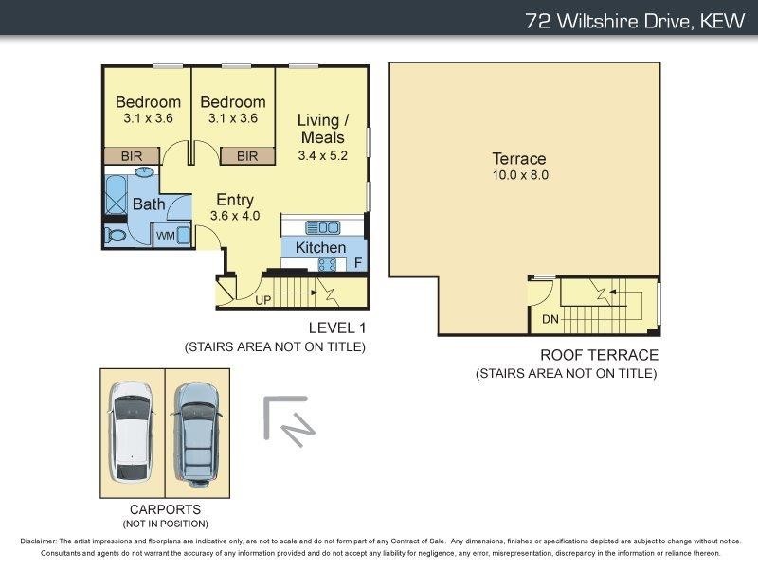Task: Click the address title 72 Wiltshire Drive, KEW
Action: (x=636, y=21)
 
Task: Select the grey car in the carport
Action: (x=197, y=434)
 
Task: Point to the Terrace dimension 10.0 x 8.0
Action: (x=520, y=175)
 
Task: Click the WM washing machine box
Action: (x=165, y=235)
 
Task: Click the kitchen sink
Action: (x=323, y=227)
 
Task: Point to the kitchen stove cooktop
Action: (x=332, y=264)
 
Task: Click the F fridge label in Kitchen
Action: (x=358, y=263)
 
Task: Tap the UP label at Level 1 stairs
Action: (x=264, y=300)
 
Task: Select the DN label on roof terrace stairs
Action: (x=550, y=319)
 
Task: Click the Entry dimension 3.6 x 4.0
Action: (x=234, y=216)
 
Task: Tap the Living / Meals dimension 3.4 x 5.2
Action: (x=322, y=155)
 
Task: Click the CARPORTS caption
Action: (x=164, y=508)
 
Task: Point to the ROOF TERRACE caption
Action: (x=599, y=355)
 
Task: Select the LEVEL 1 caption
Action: (x=336, y=328)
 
